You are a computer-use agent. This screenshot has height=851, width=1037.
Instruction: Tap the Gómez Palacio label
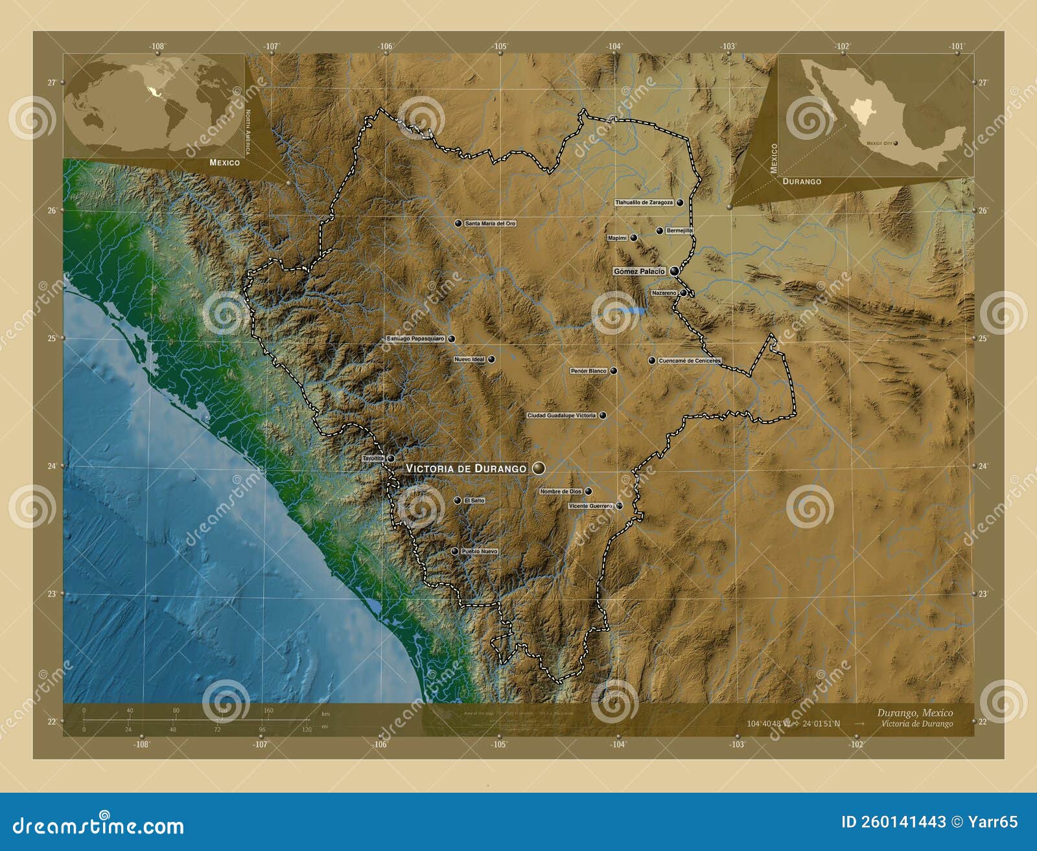click(639, 271)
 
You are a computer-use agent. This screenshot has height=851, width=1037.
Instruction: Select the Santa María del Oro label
click(490, 223)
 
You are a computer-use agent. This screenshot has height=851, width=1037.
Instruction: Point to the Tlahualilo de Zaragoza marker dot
click(680, 203)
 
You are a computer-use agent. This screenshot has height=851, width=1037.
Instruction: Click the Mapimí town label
click(618, 238)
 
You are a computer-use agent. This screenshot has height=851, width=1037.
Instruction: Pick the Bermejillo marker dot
click(660, 231)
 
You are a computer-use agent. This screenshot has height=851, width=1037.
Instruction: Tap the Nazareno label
click(664, 293)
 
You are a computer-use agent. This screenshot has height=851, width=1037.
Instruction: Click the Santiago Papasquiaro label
click(415, 339)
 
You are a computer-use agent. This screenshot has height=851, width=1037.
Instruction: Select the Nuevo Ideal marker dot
click(491, 359)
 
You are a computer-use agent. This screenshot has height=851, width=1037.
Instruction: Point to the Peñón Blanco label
click(588, 371)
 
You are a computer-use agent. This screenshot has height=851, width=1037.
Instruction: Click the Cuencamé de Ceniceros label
click(689, 361)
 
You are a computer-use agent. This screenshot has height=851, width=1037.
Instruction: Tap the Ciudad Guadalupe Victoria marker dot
click(603, 415)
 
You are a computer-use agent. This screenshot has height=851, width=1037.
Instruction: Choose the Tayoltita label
click(373, 459)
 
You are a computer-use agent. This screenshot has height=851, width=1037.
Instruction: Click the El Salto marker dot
click(458, 501)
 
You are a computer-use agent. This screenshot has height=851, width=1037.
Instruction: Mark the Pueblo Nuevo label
click(480, 552)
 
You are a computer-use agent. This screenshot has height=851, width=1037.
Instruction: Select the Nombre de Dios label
click(561, 492)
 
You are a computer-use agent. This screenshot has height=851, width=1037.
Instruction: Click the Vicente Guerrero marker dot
click(620, 506)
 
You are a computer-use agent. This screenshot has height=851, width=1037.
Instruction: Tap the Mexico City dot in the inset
click(896, 143)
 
